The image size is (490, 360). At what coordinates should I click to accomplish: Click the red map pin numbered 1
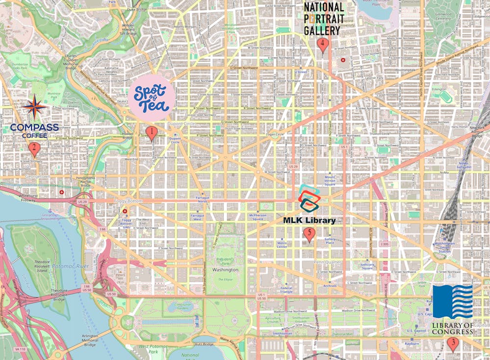pyautogui.click(x=152, y=132)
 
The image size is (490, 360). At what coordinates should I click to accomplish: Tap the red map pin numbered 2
pyautogui.click(x=34, y=148)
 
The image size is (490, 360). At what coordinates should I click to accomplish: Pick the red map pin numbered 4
pyautogui.click(x=322, y=45)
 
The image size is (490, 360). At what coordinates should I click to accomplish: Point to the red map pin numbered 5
pyautogui.click(x=309, y=234)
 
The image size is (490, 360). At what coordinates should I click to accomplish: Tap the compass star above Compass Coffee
pyautogui.click(x=34, y=108)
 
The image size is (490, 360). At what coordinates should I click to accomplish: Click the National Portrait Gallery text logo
pyautogui.click(x=324, y=19)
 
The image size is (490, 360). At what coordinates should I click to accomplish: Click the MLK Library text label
pyautogui.click(x=309, y=220)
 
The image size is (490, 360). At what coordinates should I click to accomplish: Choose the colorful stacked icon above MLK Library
pyautogui.click(x=310, y=198)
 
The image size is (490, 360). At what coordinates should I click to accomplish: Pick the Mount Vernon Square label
pyautogui.click(x=329, y=180)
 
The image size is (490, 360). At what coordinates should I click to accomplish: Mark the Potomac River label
pyautogui.click(x=67, y=265)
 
